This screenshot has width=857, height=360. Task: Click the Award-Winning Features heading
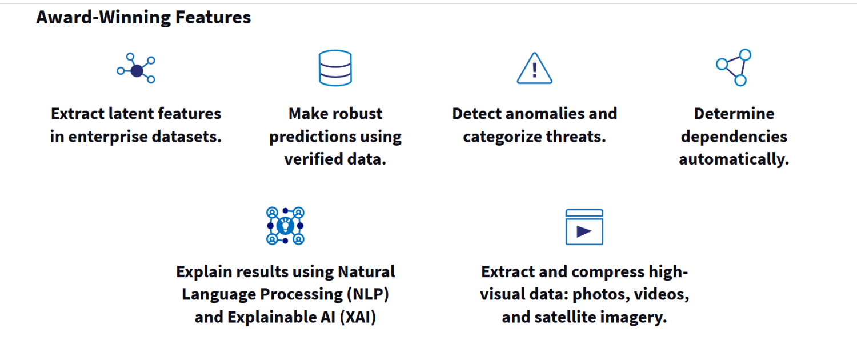pyautogui.click(x=143, y=18)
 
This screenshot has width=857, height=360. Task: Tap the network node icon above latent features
pyautogui.click(x=136, y=69)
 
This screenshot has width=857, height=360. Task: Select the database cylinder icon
pyautogui.click(x=335, y=68)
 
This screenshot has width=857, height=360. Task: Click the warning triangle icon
pyautogui.click(x=534, y=69)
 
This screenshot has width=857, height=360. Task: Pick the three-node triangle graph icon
pyautogui.click(x=734, y=68)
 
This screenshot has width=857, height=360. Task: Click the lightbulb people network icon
pyautogui.click(x=286, y=226)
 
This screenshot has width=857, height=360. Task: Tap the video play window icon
pyautogui.click(x=584, y=227)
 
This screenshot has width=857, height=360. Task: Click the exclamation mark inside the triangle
pyautogui.click(x=534, y=70)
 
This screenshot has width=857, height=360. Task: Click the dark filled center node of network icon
pyautogui.click(x=137, y=71)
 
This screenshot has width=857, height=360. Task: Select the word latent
pyautogui.click(x=131, y=114)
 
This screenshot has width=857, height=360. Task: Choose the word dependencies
pyautogui.click(x=734, y=137)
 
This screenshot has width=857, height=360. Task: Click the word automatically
pyautogui.click(x=734, y=159)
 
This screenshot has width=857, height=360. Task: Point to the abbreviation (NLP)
pyautogui.click(x=368, y=295)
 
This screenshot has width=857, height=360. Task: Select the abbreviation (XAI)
pyautogui.click(x=358, y=318)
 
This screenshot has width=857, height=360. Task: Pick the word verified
pyautogui.click(x=313, y=159)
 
